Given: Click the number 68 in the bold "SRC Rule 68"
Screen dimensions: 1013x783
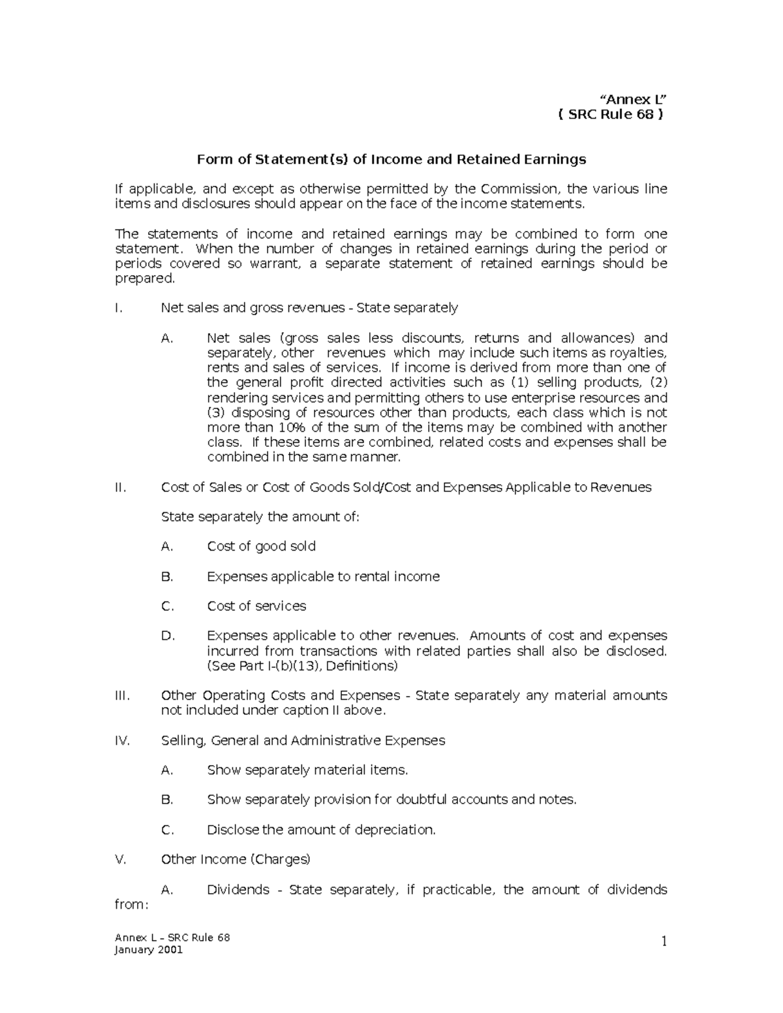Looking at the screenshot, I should coord(643,115).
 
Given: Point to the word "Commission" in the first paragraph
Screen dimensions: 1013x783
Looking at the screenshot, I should coord(519,189).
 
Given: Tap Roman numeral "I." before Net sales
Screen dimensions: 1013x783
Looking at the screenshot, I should coord(118,308).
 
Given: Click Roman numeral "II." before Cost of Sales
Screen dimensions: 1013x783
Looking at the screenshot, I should coord(120,487).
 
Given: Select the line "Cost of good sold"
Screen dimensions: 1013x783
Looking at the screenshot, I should coord(261,547).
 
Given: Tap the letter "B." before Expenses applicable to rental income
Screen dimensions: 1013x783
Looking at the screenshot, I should coord(167,577).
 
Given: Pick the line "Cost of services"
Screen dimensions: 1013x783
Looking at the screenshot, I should coord(256,606).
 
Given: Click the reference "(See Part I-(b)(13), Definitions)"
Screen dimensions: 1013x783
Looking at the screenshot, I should coord(302,666).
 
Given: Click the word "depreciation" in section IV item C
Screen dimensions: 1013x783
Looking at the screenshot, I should coord(394,830).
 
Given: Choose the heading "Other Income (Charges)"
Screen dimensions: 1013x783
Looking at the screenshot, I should coord(236,859).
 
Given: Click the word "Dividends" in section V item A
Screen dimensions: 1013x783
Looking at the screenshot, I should coord(238,890).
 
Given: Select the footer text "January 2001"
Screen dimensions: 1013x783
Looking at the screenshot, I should coord(149,950).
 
